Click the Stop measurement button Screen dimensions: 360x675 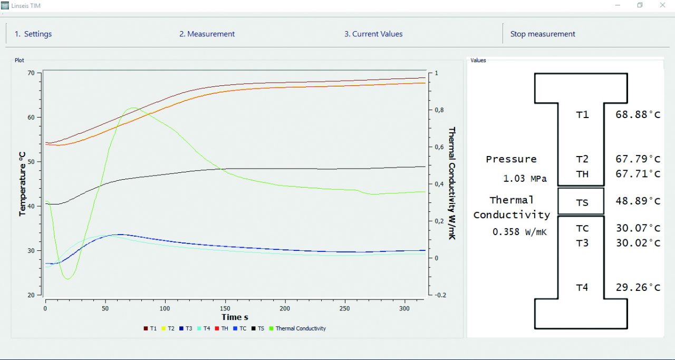point(542,34)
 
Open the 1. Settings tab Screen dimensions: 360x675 point(33,34)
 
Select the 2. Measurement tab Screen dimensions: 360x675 point(207,34)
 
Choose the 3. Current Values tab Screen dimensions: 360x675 point(373,34)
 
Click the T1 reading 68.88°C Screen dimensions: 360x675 point(638,114)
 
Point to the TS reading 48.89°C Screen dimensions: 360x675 point(638,201)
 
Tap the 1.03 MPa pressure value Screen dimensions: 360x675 point(525,179)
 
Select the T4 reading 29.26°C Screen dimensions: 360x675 point(638,288)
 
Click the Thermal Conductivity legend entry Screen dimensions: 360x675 point(300,328)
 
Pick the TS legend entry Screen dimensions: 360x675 point(261,328)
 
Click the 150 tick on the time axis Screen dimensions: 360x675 point(225,307)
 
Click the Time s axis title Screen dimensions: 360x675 point(235,317)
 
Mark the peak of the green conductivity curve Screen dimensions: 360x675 point(132,108)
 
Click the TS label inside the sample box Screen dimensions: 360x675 point(582,203)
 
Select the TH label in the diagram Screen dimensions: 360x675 point(582,174)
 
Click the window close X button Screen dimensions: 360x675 point(662,5)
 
